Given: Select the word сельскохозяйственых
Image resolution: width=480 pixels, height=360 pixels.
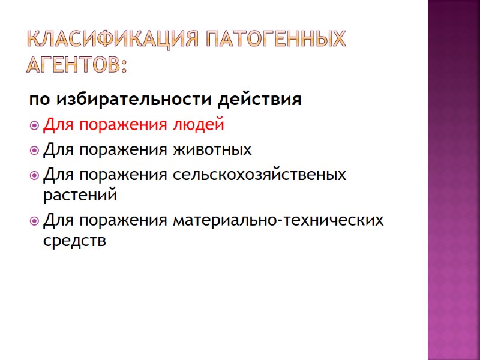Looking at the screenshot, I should coord(259,175).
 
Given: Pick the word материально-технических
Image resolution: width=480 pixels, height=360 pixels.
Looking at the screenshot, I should coord(278,220).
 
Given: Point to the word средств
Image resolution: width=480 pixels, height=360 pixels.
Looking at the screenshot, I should coord(75,241).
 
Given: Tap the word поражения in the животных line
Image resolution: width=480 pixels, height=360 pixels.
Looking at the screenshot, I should coord(122,150).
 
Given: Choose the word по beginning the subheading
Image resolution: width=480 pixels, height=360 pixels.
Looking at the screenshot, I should coord(35,100).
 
